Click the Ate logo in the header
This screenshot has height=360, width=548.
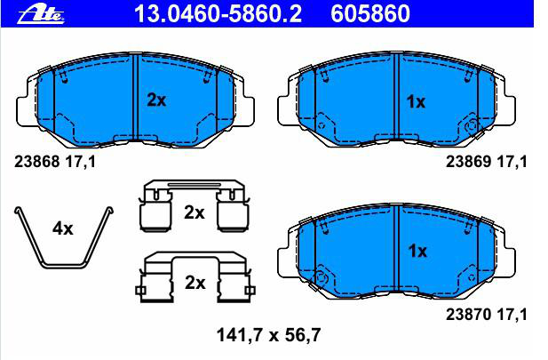tap(41, 15)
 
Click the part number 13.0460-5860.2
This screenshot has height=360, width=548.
tap(218, 14)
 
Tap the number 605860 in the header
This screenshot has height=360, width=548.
tap(370, 14)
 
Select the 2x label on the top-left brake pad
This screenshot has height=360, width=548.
tap(156, 100)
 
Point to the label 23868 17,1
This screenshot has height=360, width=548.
tap(55, 162)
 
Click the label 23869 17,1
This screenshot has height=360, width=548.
tap(486, 162)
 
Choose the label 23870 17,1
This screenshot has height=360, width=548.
tap(486, 315)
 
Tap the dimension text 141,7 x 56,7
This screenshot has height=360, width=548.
tap(268, 335)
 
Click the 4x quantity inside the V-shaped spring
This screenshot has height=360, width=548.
tap(63, 228)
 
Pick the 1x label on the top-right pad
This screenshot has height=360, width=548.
tap(416, 102)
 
